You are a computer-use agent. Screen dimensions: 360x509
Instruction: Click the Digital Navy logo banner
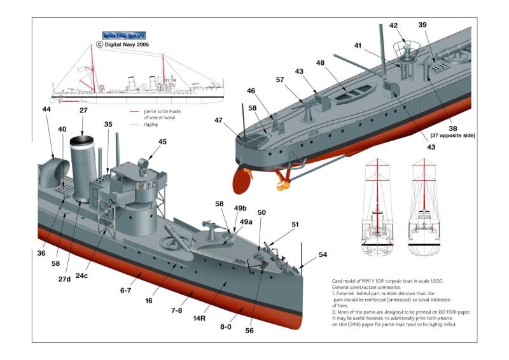124,36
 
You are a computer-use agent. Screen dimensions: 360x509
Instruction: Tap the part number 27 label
83,111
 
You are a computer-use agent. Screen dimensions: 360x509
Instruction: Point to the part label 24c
81,275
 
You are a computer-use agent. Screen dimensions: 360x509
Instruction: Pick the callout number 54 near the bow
323,254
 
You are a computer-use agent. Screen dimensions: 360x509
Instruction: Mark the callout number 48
320,63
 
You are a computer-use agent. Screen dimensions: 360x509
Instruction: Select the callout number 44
46,110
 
